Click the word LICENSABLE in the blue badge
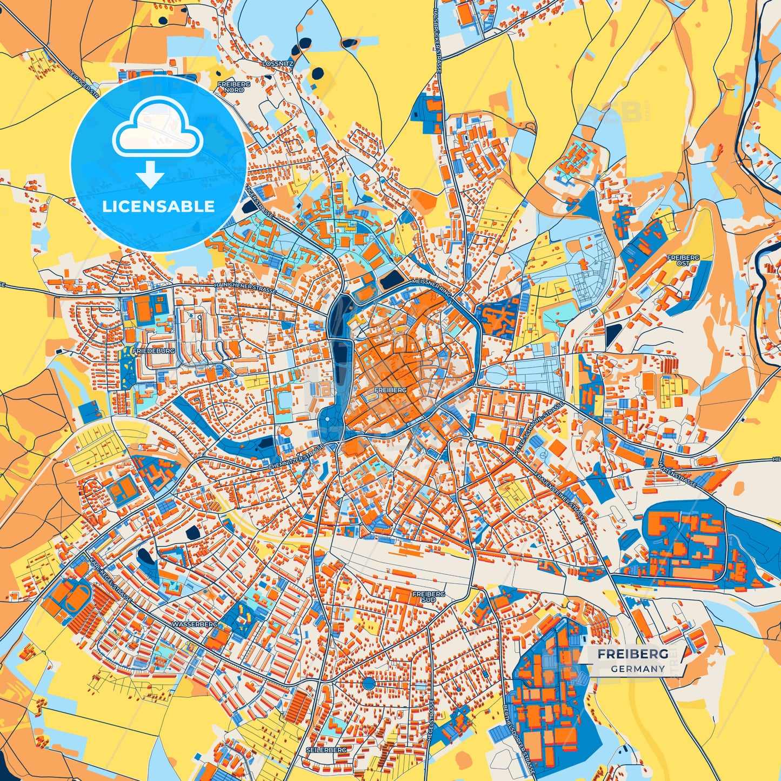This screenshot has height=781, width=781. tap(158, 206)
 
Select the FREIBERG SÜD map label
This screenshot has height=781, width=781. tap(429, 596)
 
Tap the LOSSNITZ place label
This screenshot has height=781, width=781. tap(277, 63)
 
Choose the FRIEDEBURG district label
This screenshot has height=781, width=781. tap(156, 351)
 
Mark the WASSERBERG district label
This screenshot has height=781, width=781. tap(195, 624)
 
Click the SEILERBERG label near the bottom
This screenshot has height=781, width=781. tap(326, 750)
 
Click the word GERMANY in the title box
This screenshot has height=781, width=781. tap(638, 669)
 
